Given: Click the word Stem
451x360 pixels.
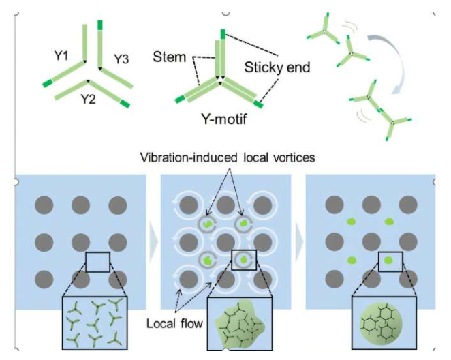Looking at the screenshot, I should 170,56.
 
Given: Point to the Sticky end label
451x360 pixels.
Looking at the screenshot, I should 277,67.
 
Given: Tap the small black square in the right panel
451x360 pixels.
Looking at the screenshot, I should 389,260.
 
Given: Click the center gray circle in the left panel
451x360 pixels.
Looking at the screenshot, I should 80,241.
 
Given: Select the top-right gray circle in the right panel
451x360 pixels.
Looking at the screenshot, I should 408,204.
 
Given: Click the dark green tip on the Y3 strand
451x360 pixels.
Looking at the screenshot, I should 100,25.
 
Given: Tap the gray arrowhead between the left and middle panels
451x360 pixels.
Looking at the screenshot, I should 153,241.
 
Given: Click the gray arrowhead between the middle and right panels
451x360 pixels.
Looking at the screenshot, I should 298,241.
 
